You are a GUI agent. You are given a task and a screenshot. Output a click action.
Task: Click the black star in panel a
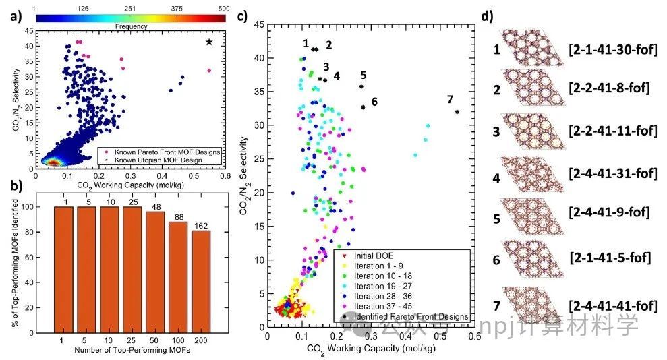(x=209, y=42)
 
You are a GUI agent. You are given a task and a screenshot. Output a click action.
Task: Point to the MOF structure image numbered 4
(x=533, y=174)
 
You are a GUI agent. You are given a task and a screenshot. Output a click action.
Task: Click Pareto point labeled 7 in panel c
(x=457, y=112)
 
